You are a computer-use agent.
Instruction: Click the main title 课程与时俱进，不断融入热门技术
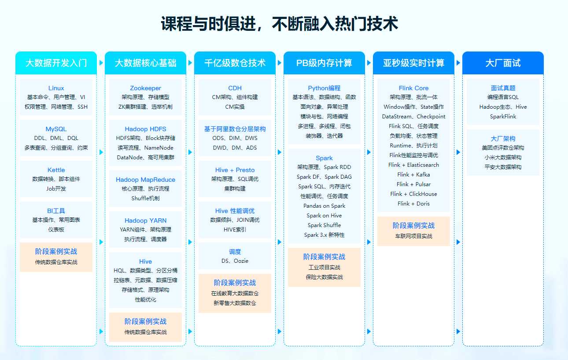(x=280, y=24)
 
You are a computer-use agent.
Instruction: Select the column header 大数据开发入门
(x=56, y=63)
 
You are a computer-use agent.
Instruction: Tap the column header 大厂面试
(x=503, y=63)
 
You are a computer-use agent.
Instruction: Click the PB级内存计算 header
(x=324, y=63)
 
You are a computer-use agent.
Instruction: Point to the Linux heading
(x=56, y=88)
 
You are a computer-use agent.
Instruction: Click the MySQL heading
(x=56, y=129)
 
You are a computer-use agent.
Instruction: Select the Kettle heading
(x=56, y=170)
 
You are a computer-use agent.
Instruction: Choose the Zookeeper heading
(x=145, y=88)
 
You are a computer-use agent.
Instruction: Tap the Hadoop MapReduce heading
(x=145, y=180)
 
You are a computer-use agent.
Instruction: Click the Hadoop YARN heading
(x=145, y=220)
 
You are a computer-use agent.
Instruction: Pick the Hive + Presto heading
(x=235, y=170)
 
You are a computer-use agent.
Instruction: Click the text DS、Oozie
(x=235, y=261)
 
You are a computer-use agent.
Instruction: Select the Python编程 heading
(x=324, y=88)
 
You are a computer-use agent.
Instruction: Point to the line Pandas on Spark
(x=324, y=206)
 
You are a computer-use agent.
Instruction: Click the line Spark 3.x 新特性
(x=324, y=235)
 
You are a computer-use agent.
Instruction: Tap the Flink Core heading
(x=413, y=88)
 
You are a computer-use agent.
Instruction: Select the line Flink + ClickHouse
(x=413, y=194)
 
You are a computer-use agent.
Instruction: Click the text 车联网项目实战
(x=413, y=236)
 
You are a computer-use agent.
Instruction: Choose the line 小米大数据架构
(x=503, y=158)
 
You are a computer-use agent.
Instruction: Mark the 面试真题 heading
(x=503, y=88)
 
